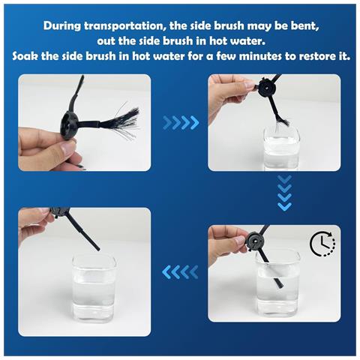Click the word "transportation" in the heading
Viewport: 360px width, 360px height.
124,26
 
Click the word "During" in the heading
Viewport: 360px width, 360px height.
62,26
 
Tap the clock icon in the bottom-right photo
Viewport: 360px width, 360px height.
322,244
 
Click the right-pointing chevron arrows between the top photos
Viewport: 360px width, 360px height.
181,122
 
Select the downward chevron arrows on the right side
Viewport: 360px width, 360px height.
285,193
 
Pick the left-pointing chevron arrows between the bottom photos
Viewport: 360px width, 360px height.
180,272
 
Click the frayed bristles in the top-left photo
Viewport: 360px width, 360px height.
120,121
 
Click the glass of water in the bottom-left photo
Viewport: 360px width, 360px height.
94,288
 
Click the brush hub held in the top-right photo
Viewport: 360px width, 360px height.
266,88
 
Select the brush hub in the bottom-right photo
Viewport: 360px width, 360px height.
256,241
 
